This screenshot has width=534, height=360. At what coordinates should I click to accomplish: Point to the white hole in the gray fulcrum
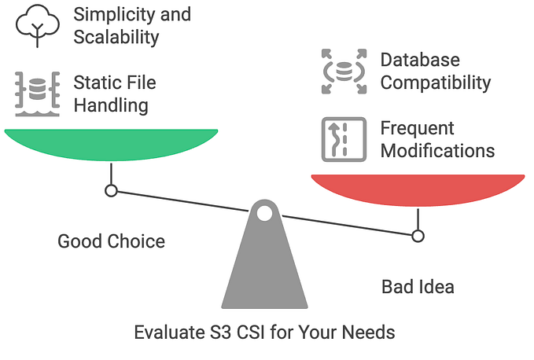(264, 213)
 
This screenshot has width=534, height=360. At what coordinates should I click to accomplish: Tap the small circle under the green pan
(111, 190)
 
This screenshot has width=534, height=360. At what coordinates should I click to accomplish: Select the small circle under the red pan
(418, 235)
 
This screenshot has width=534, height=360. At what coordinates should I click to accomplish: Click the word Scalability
(116, 36)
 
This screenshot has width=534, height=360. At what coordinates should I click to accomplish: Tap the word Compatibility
(436, 83)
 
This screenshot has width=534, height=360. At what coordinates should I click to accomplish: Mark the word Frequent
(417, 128)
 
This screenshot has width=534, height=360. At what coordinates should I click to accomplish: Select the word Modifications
(437, 150)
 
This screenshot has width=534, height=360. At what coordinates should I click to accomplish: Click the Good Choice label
(111, 241)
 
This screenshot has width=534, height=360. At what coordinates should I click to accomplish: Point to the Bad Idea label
(418, 287)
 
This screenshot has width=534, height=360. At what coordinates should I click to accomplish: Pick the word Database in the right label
(420, 60)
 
